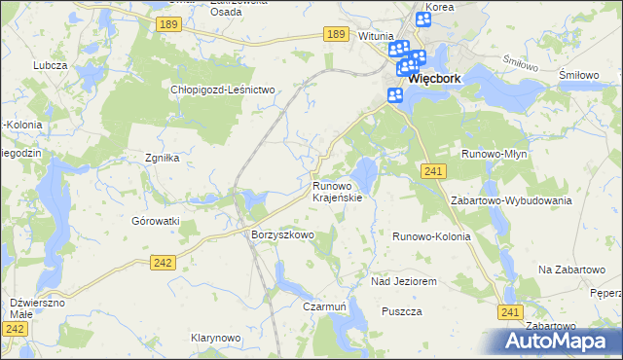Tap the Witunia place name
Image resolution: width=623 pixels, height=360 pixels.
pyautogui.click(x=375, y=35)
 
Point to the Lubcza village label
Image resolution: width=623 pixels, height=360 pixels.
pyautogui.click(x=49, y=65)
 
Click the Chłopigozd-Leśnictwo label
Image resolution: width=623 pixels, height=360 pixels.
pyautogui.click(x=225, y=90)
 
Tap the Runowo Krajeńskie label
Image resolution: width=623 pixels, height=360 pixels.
pyautogui.click(x=338, y=192)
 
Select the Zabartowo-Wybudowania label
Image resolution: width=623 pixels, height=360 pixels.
pyautogui.click(x=511, y=199)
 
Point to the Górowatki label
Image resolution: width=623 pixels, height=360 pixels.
pyautogui.click(x=157, y=221)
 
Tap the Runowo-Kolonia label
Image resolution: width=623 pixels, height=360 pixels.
pyautogui.click(x=431, y=236)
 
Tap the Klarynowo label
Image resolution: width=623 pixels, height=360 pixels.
pyautogui.click(x=215, y=338)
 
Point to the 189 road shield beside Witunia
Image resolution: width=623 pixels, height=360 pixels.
pyautogui.click(x=336, y=34)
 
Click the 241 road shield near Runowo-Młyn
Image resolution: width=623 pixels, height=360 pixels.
pyautogui.click(x=434, y=171)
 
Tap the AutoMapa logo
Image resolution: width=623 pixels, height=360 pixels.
pyautogui.click(x=559, y=341)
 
